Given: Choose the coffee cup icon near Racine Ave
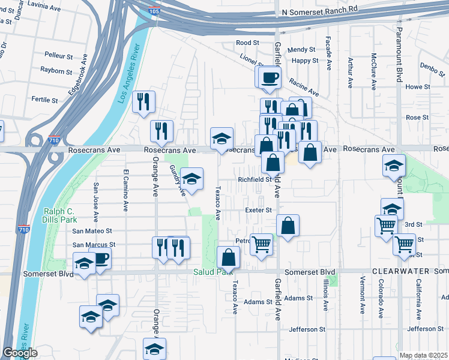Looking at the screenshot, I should click(x=270, y=77).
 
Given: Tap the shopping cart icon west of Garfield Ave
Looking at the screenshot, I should click(x=261, y=244).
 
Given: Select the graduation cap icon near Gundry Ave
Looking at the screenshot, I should click(x=191, y=179).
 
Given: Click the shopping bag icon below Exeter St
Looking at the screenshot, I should click(x=288, y=226).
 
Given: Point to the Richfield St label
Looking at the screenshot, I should click(x=255, y=179).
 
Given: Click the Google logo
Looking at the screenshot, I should click(x=20, y=353).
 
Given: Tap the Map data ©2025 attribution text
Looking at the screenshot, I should click(x=423, y=355).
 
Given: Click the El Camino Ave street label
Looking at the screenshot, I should click(x=126, y=190).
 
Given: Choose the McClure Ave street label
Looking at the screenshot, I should click(x=373, y=71).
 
